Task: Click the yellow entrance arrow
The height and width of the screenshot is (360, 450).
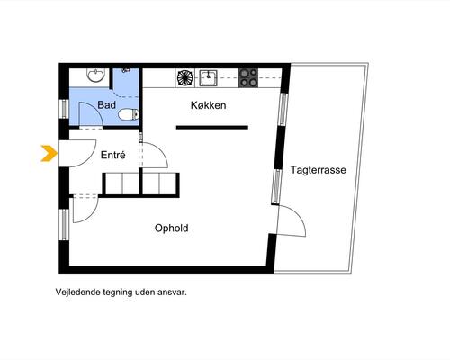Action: coord(49,153)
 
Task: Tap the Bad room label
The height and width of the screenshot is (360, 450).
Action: coord(107,105)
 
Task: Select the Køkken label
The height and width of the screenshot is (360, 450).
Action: coord(208,105)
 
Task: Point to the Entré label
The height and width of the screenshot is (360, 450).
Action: coord(113,155)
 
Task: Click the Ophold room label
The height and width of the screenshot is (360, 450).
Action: coord(172,229)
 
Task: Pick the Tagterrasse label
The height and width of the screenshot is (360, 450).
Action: coord(318,170)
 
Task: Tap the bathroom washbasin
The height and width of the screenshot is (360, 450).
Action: coord(96,75)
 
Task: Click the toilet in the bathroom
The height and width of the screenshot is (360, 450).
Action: coord(129,114)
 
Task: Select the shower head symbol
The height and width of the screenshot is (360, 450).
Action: coord(126,70)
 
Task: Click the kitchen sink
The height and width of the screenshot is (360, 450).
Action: coord(209,78)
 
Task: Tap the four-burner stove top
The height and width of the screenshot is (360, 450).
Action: coord(248,78)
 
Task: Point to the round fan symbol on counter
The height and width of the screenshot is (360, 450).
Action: coord(184,78)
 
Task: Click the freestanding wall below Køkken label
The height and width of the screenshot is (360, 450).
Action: coord(212,128)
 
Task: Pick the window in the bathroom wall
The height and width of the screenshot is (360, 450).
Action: coord(65,108)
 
